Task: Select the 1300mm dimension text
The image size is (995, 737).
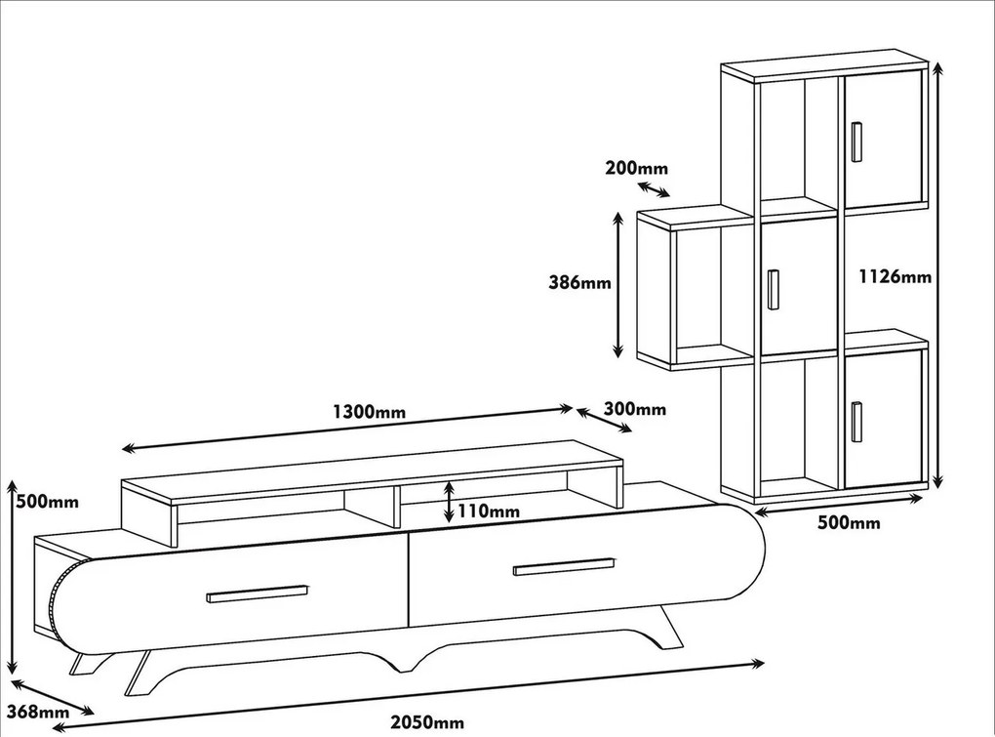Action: (368, 411)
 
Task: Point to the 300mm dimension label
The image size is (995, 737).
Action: (635, 409)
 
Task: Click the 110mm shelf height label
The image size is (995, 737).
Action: (490, 511)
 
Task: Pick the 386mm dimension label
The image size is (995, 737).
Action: (579, 283)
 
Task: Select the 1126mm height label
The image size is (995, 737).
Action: (895, 276)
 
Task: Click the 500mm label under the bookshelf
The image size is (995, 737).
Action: (849, 523)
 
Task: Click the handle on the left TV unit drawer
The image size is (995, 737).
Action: (257, 594)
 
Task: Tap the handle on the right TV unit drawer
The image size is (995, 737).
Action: (565, 566)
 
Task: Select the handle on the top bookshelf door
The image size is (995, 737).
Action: (856, 142)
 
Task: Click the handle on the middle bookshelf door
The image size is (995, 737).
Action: (774, 289)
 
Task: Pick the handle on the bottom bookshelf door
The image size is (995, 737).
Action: (856, 421)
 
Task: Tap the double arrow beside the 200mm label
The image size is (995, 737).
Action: (654, 188)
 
